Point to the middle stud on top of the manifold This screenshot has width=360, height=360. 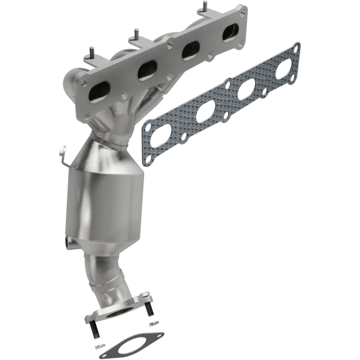pos(135,34)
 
